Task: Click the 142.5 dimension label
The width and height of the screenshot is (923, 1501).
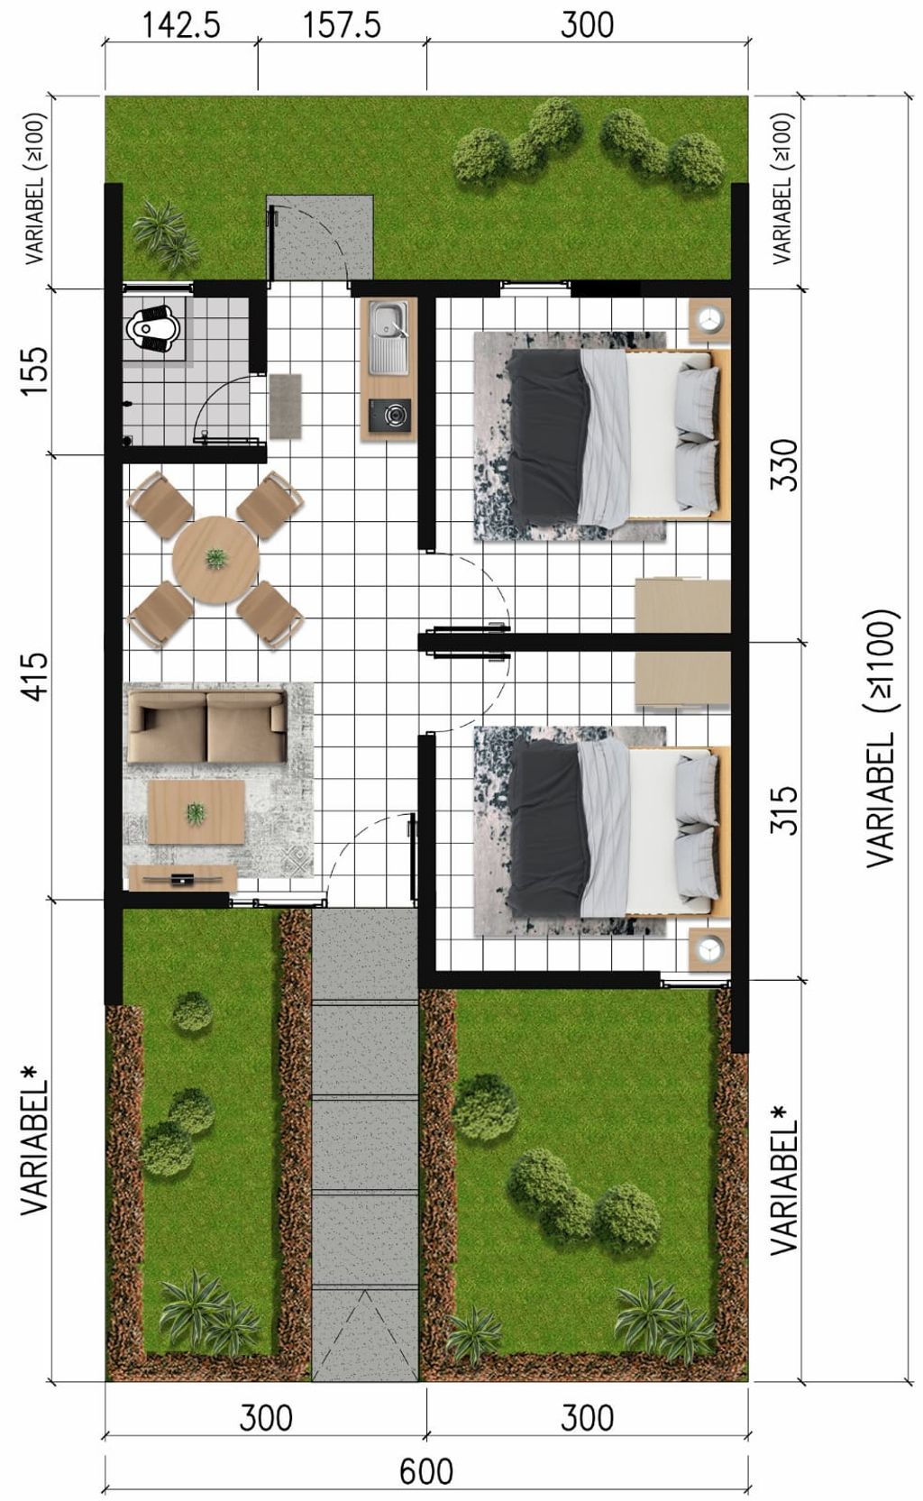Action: tap(181, 25)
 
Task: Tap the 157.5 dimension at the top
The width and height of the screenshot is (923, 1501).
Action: tap(343, 25)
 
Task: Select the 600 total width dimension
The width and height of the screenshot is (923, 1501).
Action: tap(426, 1472)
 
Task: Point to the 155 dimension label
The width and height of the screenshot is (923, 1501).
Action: tap(35, 371)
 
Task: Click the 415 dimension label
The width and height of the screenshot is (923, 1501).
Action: tap(35, 677)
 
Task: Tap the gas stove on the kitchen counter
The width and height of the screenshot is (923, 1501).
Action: tap(389, 415)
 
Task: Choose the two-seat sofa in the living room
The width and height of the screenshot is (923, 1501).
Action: tap(207, 727)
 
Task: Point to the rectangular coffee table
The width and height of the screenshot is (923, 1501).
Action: tap(196, 812)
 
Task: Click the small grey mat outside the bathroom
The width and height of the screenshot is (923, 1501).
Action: tap(286, 406)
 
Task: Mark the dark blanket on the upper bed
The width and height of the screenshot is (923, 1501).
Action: tap(547, 436)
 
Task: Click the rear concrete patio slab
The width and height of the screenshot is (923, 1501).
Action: tap(320, 237)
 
